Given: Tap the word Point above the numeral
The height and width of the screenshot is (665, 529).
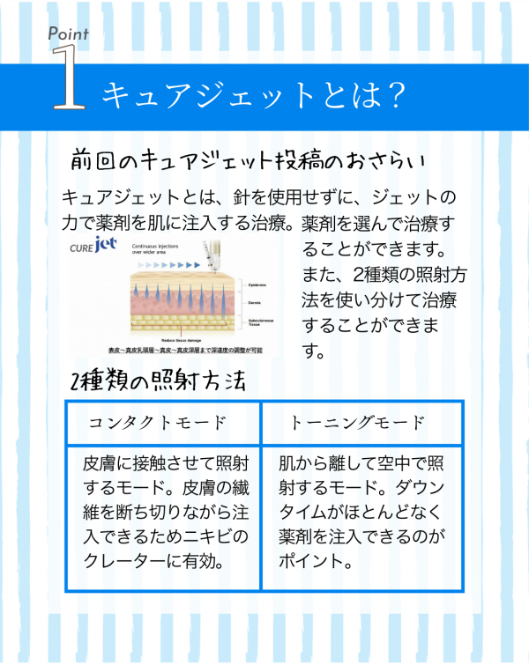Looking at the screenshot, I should click(x=68, y=33).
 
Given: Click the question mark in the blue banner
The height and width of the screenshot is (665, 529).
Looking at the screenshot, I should click(x=396, y=95).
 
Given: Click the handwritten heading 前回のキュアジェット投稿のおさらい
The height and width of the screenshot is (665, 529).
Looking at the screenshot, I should click(x=248, y=161).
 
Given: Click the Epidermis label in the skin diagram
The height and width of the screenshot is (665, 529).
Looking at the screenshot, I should click(x=258, y=285).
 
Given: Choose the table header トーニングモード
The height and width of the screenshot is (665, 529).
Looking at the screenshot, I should click(x=357, y=423).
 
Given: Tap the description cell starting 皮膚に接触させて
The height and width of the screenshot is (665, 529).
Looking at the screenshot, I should click(x=164, y=511).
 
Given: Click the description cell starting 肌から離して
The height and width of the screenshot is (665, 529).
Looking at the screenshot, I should click(x=361, y=511).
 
